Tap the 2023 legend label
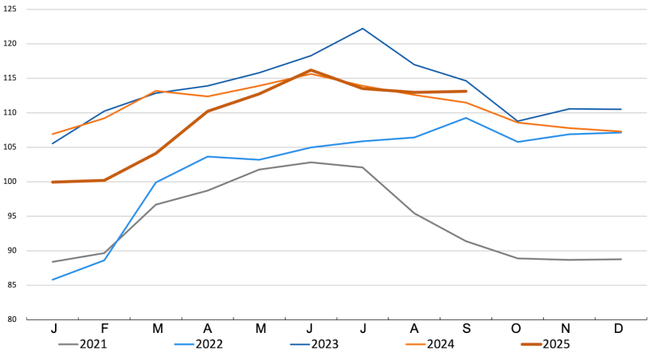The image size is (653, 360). pyautogui.click(x=325, y=345)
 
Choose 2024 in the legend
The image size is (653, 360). pyautogui.click(x=440, y=345)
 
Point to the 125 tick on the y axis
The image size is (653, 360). pyautogui.click(x=10, y=10)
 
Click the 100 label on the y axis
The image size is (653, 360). pyautogui.click(x=10, y=182)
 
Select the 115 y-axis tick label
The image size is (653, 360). pyautogui.click(x=10, y=79)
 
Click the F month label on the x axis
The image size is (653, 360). pyautogui.click(x=105, y=329)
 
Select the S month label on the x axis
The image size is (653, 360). pyautogui.click(x=466, y=329)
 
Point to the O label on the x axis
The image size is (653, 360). pyautogui.click(x=518, y=329)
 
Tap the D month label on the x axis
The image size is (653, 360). pyautogui.click(x=620, y=329)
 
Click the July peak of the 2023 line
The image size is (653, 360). pyautogui.click(x=363, y=29)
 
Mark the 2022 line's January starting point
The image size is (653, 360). pyautogui.click(x=53, y=280)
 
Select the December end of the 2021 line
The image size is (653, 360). pyautogui.click(x=620, y=259)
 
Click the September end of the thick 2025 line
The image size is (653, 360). pyautogui.click(x=466, y=92)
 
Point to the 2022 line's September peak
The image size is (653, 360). pyautogui.click(x=466, y=118)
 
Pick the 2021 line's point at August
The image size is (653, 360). pyautogui.click(x=414, y=213)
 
